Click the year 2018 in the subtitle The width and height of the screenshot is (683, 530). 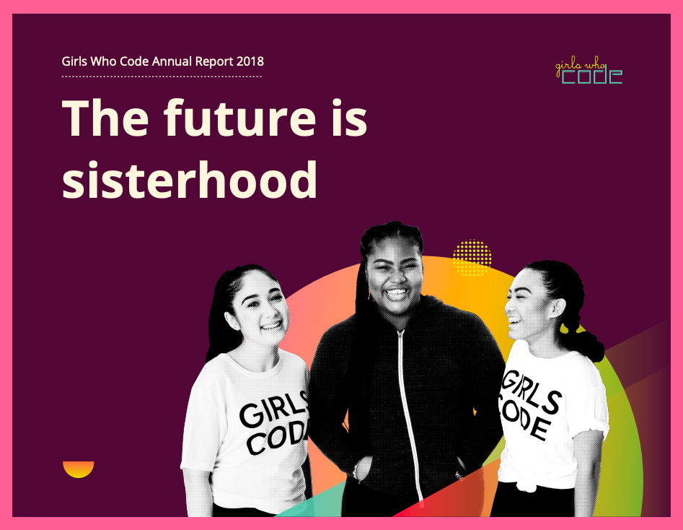pos(250,61)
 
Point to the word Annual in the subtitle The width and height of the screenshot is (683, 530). pos(172,61)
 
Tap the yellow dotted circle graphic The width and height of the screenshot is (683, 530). pos(472,259)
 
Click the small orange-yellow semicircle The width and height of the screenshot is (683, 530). pos(79,469)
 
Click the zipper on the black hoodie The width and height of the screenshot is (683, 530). pos(409,404)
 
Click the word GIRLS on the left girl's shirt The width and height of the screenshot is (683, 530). pos(273,412)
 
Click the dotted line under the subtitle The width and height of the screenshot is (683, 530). pos(162,76)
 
